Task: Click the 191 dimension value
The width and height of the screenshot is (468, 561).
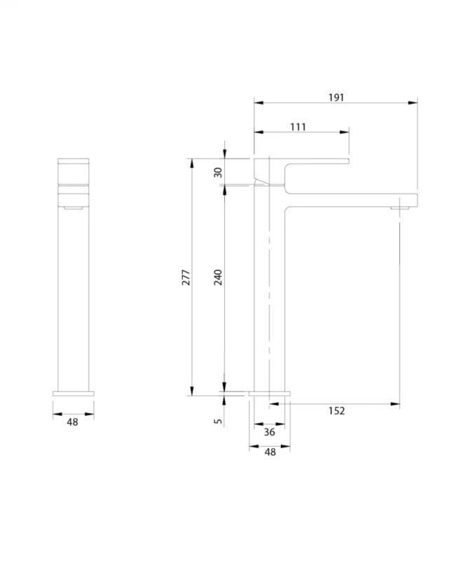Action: click(336, 97)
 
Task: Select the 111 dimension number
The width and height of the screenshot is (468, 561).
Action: click(298, 127)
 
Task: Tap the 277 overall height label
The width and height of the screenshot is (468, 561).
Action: click(186, 277)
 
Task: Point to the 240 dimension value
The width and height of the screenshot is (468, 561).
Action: click(218, 277)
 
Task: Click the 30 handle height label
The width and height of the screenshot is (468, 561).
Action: click(218, 173)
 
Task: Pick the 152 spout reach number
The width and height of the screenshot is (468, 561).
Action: click(336, 411)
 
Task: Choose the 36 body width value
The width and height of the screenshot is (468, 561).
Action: click(270, 432)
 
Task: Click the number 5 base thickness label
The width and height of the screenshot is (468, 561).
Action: click(218, 421)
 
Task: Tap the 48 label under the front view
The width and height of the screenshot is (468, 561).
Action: click(73, 422)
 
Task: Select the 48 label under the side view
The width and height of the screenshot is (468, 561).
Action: click(270, 452)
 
